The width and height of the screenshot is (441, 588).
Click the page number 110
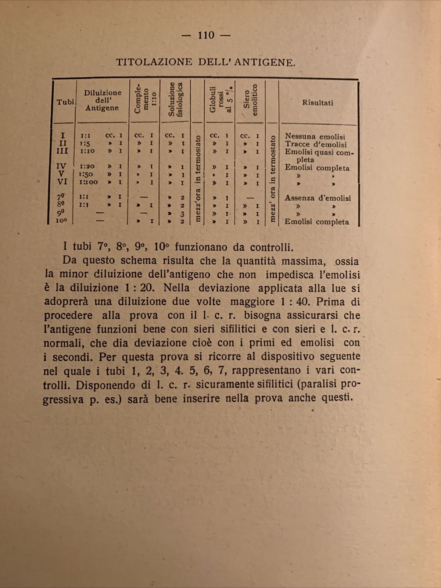coord(206,35)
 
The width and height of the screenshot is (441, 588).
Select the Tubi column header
coord(65,102)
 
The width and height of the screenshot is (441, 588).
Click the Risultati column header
coord(318,103)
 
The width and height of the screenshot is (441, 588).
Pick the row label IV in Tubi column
coord(62,166)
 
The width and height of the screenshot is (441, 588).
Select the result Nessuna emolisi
coord(315,137)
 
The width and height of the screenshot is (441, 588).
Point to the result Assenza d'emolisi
coord(318,198)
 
